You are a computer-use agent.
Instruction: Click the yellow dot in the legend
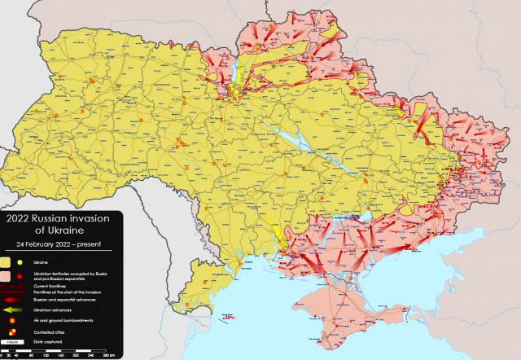tap(20, 262)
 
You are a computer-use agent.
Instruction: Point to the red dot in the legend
tap(20, 275)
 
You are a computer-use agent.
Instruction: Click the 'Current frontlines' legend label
tap(49, 285)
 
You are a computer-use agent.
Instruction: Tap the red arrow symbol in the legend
tap(11, 300)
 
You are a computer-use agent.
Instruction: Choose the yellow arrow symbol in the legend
tap(11, 310)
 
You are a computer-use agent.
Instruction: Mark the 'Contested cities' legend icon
tap(11, 332)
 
